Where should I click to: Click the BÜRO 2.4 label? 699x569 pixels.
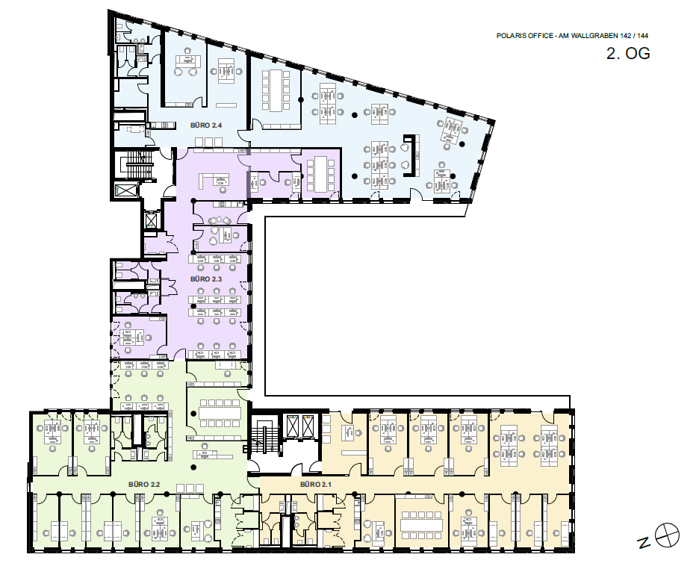click(206, 125)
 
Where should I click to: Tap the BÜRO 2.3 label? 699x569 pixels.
click(206, 279)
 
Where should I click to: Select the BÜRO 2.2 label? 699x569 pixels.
click(144, 485)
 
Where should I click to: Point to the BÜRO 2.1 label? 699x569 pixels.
click(316, 485)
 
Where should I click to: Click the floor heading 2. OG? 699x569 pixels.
click(627, 53)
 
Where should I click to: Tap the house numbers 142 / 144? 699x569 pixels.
click(633, 36)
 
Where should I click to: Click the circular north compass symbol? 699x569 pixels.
click(668, 534)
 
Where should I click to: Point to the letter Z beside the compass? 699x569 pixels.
click(643, 543)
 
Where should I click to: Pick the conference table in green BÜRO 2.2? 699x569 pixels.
click(220, 413)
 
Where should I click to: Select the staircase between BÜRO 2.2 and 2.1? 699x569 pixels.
click(264, 439)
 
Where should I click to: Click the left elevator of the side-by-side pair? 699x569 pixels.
click(293, 426)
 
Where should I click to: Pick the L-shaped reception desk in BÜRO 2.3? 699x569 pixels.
click(214, 179)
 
